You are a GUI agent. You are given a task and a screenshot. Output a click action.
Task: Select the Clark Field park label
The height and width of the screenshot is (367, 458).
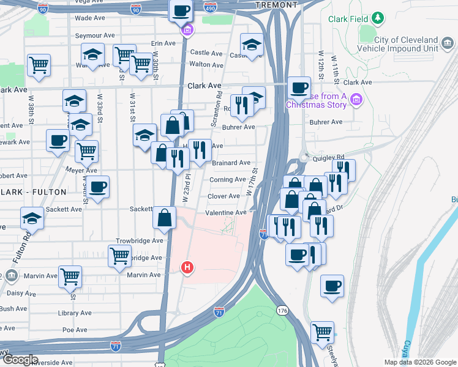pos(348,19)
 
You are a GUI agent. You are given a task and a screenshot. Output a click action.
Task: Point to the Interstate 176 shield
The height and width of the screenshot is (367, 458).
pos(282,311)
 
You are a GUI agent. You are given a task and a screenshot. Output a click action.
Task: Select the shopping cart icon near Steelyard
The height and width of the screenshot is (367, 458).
pos(322,332)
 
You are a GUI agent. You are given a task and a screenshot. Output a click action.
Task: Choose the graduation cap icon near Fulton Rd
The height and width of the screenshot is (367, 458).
pos(32,218)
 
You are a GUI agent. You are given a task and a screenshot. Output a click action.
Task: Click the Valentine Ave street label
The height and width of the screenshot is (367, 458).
pos(225,212)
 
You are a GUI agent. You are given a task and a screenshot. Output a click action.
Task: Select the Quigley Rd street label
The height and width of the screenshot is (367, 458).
pos(328,157)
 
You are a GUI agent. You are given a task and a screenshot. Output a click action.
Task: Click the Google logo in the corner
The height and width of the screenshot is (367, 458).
pos(20,360)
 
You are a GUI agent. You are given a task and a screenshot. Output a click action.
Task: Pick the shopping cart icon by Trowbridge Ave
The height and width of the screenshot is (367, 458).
pos(119,255)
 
